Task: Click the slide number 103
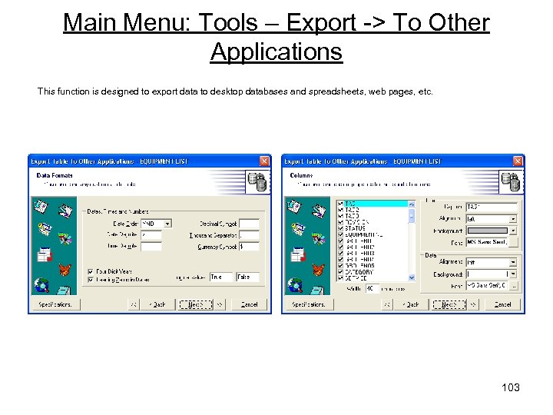click(511, 387)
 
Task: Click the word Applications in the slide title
click(276, 51)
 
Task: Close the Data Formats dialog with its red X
click(264, 161)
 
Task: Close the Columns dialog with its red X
click(518, 161)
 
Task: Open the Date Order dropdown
click(167, 224)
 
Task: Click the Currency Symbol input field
click(249, 247)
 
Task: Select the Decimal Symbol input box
click(249, 224)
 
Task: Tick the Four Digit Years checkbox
click(91, 271)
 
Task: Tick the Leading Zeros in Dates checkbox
click(91, 279)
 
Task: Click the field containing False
click(247, 277)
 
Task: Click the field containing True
click(220, 277)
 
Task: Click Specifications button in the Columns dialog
click(309, 304)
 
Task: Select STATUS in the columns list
click(357, 227)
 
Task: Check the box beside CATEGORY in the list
click(341, 272)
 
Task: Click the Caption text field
click(492, 207)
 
